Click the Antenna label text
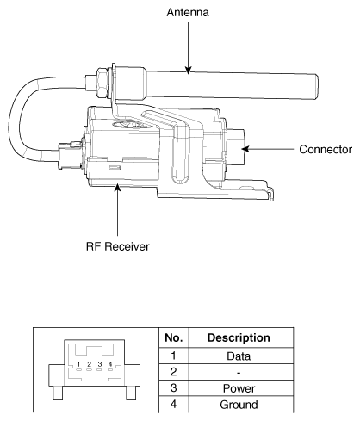pos(188,13)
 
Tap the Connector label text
pos(326,150)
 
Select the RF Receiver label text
pos(118,246)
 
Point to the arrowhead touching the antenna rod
pos(188,71)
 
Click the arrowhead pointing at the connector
pos(245,149)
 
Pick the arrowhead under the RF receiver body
pos(117,188)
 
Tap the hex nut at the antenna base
pos(102,83)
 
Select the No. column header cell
pos(174,337)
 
